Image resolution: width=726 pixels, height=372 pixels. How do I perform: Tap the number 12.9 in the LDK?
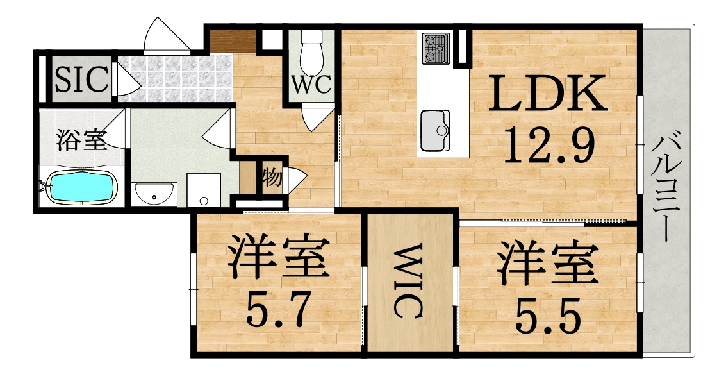[549, 146]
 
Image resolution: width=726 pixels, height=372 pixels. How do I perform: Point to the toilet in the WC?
[313, 51]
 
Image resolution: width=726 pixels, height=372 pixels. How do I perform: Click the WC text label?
[312, 84]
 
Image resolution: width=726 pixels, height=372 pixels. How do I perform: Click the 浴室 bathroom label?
[81, 140]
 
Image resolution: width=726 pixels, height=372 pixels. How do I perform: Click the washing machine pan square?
[204, 190]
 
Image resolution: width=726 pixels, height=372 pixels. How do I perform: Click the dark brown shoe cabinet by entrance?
[233, 40]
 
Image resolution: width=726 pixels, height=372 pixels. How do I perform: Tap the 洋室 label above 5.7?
[278, 259]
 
